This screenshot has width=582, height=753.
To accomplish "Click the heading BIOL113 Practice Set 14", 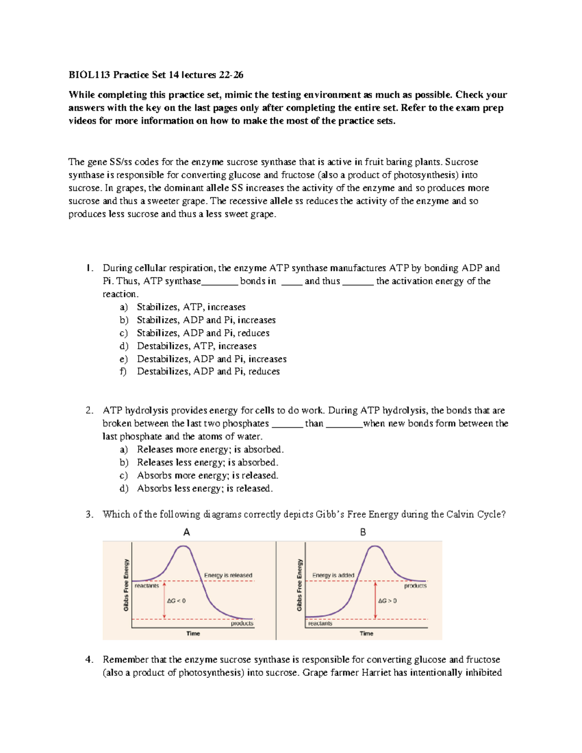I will [156, 75].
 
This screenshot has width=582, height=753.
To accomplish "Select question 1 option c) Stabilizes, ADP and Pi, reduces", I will [203, 333].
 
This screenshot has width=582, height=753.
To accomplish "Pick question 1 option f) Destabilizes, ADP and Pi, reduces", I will [208, 371].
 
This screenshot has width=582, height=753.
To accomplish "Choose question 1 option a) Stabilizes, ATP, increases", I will [191, 307].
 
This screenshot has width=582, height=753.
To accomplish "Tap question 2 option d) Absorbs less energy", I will [205, 488].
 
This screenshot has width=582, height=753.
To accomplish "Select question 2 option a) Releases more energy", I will [210, 449].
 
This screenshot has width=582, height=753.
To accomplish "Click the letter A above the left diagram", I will [187, 532].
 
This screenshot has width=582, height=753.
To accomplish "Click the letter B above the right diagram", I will [363, 532].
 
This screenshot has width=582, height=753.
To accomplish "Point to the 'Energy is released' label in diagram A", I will [228, 575].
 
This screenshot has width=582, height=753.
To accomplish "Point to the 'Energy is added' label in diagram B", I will [333, 575].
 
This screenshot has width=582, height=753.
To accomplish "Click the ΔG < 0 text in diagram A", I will [177, 601].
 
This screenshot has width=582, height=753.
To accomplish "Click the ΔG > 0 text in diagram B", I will [388, 601].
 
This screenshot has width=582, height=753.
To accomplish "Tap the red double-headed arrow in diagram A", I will [164, 600].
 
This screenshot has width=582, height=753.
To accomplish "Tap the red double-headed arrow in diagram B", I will [375, 600].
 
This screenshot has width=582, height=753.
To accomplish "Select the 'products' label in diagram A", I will [242, 624].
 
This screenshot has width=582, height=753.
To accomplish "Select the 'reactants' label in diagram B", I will [320, 624].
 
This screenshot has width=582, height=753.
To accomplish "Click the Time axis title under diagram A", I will [193, 633].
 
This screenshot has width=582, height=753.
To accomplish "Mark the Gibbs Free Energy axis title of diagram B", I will [299, 585].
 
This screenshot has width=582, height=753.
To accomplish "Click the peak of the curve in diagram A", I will [183, 546].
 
